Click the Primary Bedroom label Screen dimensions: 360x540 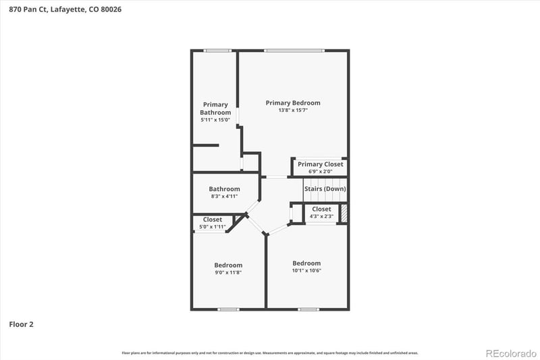coord(292,103)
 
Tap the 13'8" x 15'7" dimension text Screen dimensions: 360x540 coord(292,110)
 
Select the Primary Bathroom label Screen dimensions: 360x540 coord(215,108)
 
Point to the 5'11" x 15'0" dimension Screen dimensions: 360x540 coord(215,120)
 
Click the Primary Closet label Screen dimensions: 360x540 coord(320,164)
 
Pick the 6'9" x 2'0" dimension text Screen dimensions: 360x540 coord(320,172)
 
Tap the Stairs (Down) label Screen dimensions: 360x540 coord(325,188)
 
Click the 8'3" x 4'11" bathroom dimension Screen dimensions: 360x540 coord(224,197)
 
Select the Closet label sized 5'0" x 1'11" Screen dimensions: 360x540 coord(213,220)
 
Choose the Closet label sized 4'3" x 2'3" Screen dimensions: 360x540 coord(321,209)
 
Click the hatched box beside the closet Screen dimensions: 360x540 coord(344,213)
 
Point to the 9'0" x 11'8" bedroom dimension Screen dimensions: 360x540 coord(228,272)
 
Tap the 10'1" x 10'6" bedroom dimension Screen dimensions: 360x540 coord(306,270)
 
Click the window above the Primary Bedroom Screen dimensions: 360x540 coord(294,50)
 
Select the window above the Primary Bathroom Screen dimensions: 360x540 coord(217,50)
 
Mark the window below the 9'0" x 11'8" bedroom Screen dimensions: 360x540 coord(228,309)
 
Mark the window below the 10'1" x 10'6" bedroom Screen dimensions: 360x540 coord(308,309)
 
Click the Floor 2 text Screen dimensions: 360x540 coord(21,324)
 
